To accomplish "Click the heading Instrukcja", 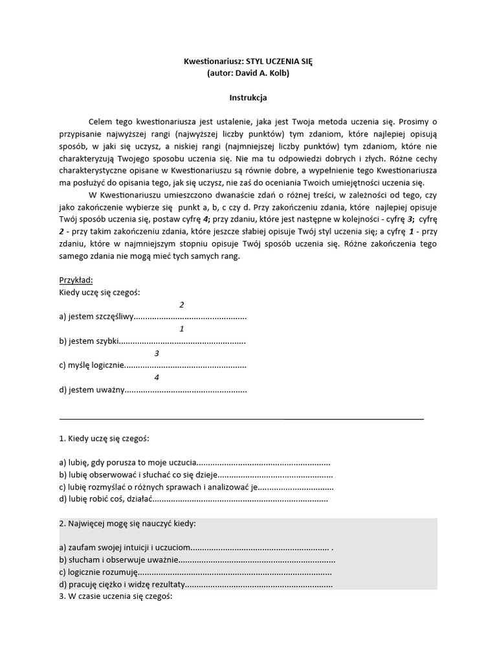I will [x=248, y=98].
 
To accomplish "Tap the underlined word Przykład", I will [x=76, y=280].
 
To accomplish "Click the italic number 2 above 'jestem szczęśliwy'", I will [x=182, y=304].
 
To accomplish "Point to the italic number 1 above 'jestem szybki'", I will [x=182, y=328].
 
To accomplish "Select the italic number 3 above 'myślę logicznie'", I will [x=157, y=353].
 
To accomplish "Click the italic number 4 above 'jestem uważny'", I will [x=157, y=377].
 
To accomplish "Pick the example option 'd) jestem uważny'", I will [x=91, y=390].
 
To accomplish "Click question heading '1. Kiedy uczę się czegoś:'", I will [x=104, y=439].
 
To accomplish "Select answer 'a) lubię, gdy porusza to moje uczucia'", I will [x=127, y=463].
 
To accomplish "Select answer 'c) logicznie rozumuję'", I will [x=98, y=572].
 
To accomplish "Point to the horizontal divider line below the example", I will [x=241, y=419].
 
